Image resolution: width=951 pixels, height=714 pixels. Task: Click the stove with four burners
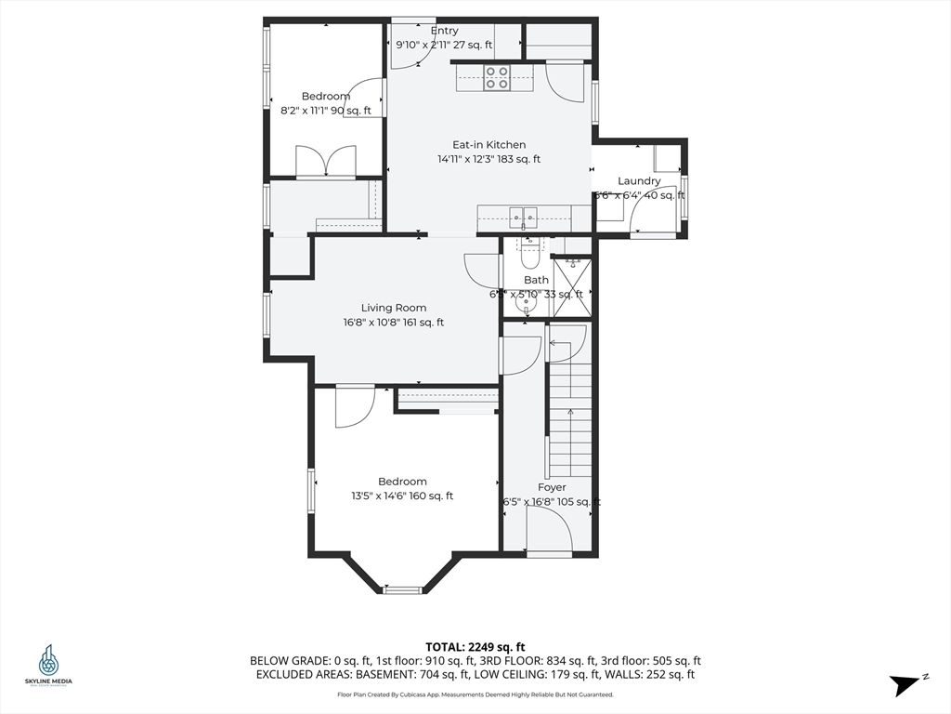[497, 77]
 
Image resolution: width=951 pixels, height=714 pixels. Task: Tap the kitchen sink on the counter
[523, 217]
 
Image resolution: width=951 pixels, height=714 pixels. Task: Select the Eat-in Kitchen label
[489, 144]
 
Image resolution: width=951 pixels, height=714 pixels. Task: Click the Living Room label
[393, 308]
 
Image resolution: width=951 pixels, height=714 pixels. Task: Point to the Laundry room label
[639, 180]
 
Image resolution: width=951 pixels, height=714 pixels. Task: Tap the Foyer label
[552, 487]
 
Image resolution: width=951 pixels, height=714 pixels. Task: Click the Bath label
[536, 280]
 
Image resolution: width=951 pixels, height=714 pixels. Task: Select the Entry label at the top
[444, 31]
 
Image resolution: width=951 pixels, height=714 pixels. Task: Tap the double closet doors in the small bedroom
[326, 161]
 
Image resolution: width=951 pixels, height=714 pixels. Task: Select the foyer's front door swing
[549, 533]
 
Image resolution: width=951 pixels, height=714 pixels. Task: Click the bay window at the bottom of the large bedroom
[402, 588]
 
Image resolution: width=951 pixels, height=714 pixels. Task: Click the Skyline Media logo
[47, 665]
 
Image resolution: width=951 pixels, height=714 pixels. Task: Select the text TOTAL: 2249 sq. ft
[475, 646]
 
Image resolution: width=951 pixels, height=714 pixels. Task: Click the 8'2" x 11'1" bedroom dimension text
[325, 111]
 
